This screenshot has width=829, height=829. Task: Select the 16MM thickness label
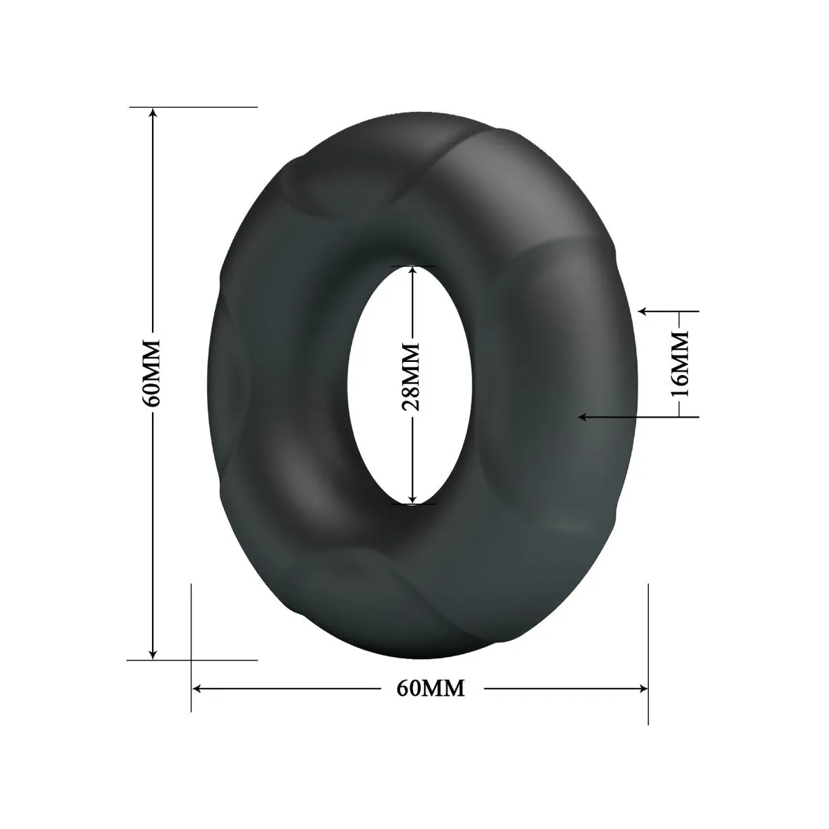coord(681,363)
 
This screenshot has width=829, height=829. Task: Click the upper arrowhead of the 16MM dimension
coord(643,312)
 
